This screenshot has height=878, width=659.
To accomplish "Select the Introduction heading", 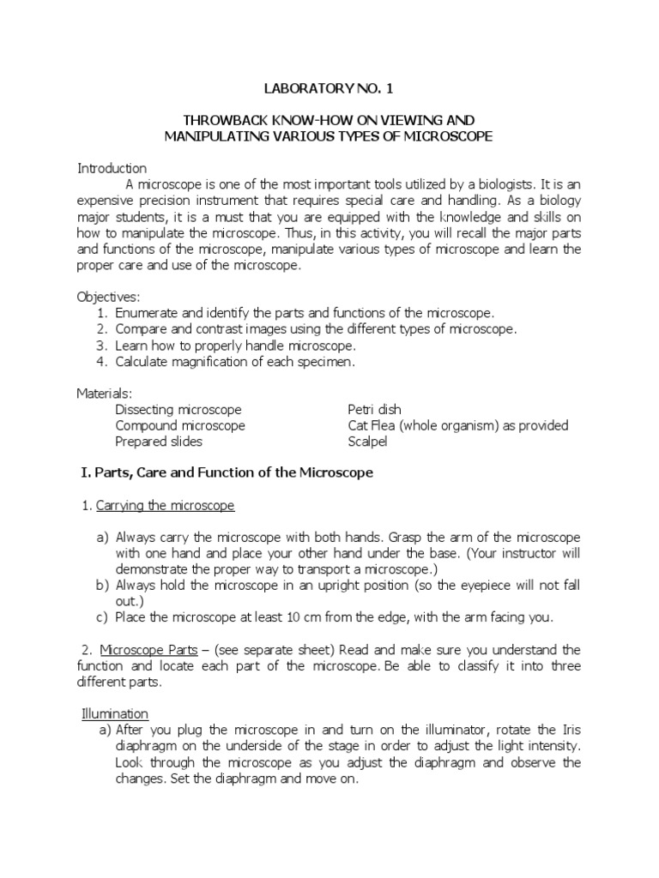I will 112,168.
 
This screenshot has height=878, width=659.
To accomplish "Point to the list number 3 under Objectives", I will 101,346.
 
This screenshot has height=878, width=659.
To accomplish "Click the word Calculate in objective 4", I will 145,362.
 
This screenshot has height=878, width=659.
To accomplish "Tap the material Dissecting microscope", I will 178,410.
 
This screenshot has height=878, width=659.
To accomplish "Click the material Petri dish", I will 374,410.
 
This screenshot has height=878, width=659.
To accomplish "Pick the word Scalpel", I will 367,442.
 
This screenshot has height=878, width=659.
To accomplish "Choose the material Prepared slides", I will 159,442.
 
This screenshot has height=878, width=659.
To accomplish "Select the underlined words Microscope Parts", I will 142,649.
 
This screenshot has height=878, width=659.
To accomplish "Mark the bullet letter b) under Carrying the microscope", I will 103,586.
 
